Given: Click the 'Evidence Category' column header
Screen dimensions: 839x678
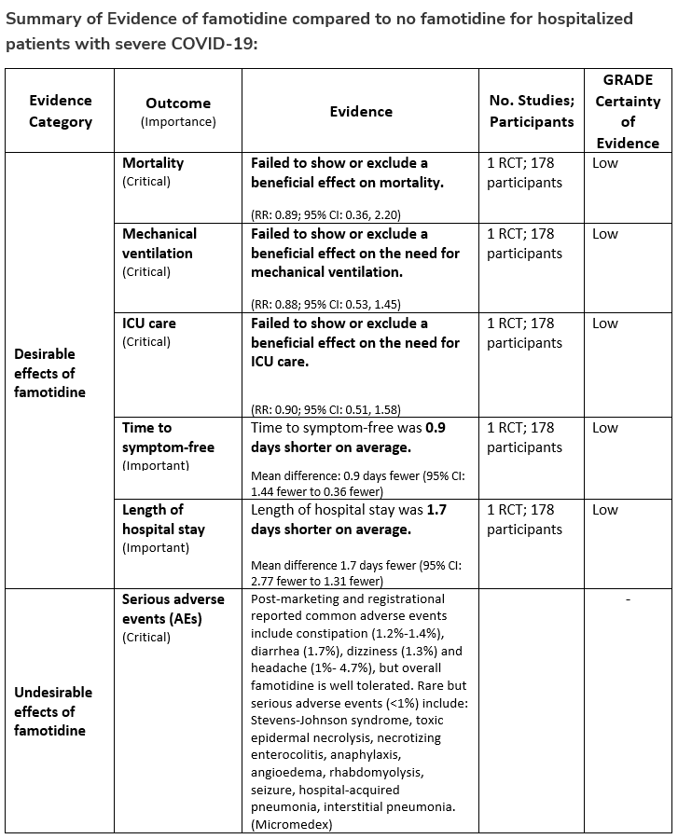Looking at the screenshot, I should tap(61, 111).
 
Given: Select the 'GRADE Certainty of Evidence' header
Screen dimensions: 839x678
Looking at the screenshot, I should tap(628, 111).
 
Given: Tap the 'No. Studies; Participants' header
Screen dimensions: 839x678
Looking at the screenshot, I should tap(532, 111).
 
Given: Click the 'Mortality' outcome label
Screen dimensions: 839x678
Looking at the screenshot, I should tap(153, 163).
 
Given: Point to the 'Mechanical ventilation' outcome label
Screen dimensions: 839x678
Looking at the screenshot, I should tap(158, 243).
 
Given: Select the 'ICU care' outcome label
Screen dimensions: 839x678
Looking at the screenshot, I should tap(149, 323).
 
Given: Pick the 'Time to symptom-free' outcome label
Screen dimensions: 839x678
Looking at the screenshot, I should tap(168, 437).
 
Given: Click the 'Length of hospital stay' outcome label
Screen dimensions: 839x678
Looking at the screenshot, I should tap(163, 519).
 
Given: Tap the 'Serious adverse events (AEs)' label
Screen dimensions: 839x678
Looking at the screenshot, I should tap(161, 609).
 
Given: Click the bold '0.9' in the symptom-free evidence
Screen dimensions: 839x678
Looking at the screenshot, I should tap(436, 428).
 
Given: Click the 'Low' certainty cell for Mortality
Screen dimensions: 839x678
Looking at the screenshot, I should tap(604, 163).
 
